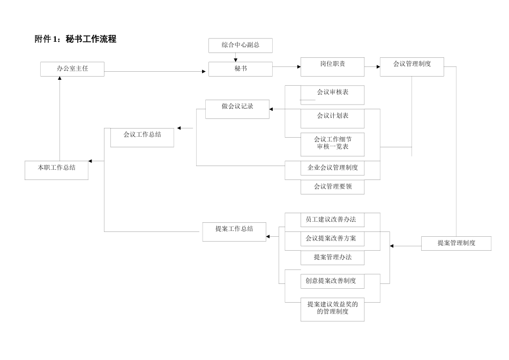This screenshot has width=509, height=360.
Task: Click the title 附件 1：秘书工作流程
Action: (76, 39)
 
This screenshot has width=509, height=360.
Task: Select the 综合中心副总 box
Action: (240, 46)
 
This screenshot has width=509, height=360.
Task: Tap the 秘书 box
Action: (240, 69)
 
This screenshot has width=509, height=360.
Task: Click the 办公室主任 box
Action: (72, 69)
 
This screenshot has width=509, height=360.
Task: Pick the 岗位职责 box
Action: (332, 64)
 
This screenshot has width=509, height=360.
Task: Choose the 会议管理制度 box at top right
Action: (411, 64)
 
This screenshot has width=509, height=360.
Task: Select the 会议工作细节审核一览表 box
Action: (332, 143)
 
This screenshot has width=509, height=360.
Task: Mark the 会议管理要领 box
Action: (332, 187)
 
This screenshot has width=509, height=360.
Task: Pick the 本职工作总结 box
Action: (56, 168)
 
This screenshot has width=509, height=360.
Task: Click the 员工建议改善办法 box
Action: (332, 220)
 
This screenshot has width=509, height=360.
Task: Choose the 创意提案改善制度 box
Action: (332, 280)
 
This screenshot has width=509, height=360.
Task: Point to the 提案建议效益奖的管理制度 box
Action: (332, 309)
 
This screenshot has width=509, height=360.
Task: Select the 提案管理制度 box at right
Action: (456, 243)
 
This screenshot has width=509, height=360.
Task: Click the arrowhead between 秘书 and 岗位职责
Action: (297, 67)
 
